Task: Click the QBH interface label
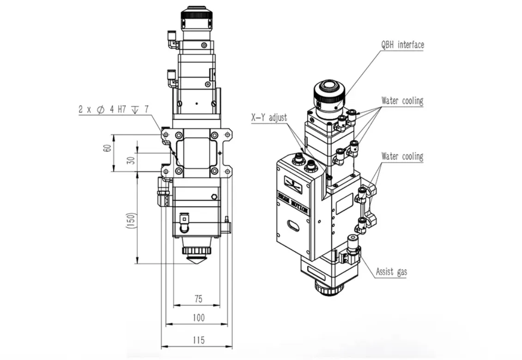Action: [x=402, y=45]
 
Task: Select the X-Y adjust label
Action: [x=269, y=117]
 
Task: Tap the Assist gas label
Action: [x=392, y=272]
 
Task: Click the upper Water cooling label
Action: [x=402, y=101]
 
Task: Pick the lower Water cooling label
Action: [x=402, y=156]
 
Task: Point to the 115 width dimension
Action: [x=199, y=340]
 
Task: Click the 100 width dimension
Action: [x=199, y=318]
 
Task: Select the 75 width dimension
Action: [x=199, y=299]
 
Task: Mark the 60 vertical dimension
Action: [x=107, y=148]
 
